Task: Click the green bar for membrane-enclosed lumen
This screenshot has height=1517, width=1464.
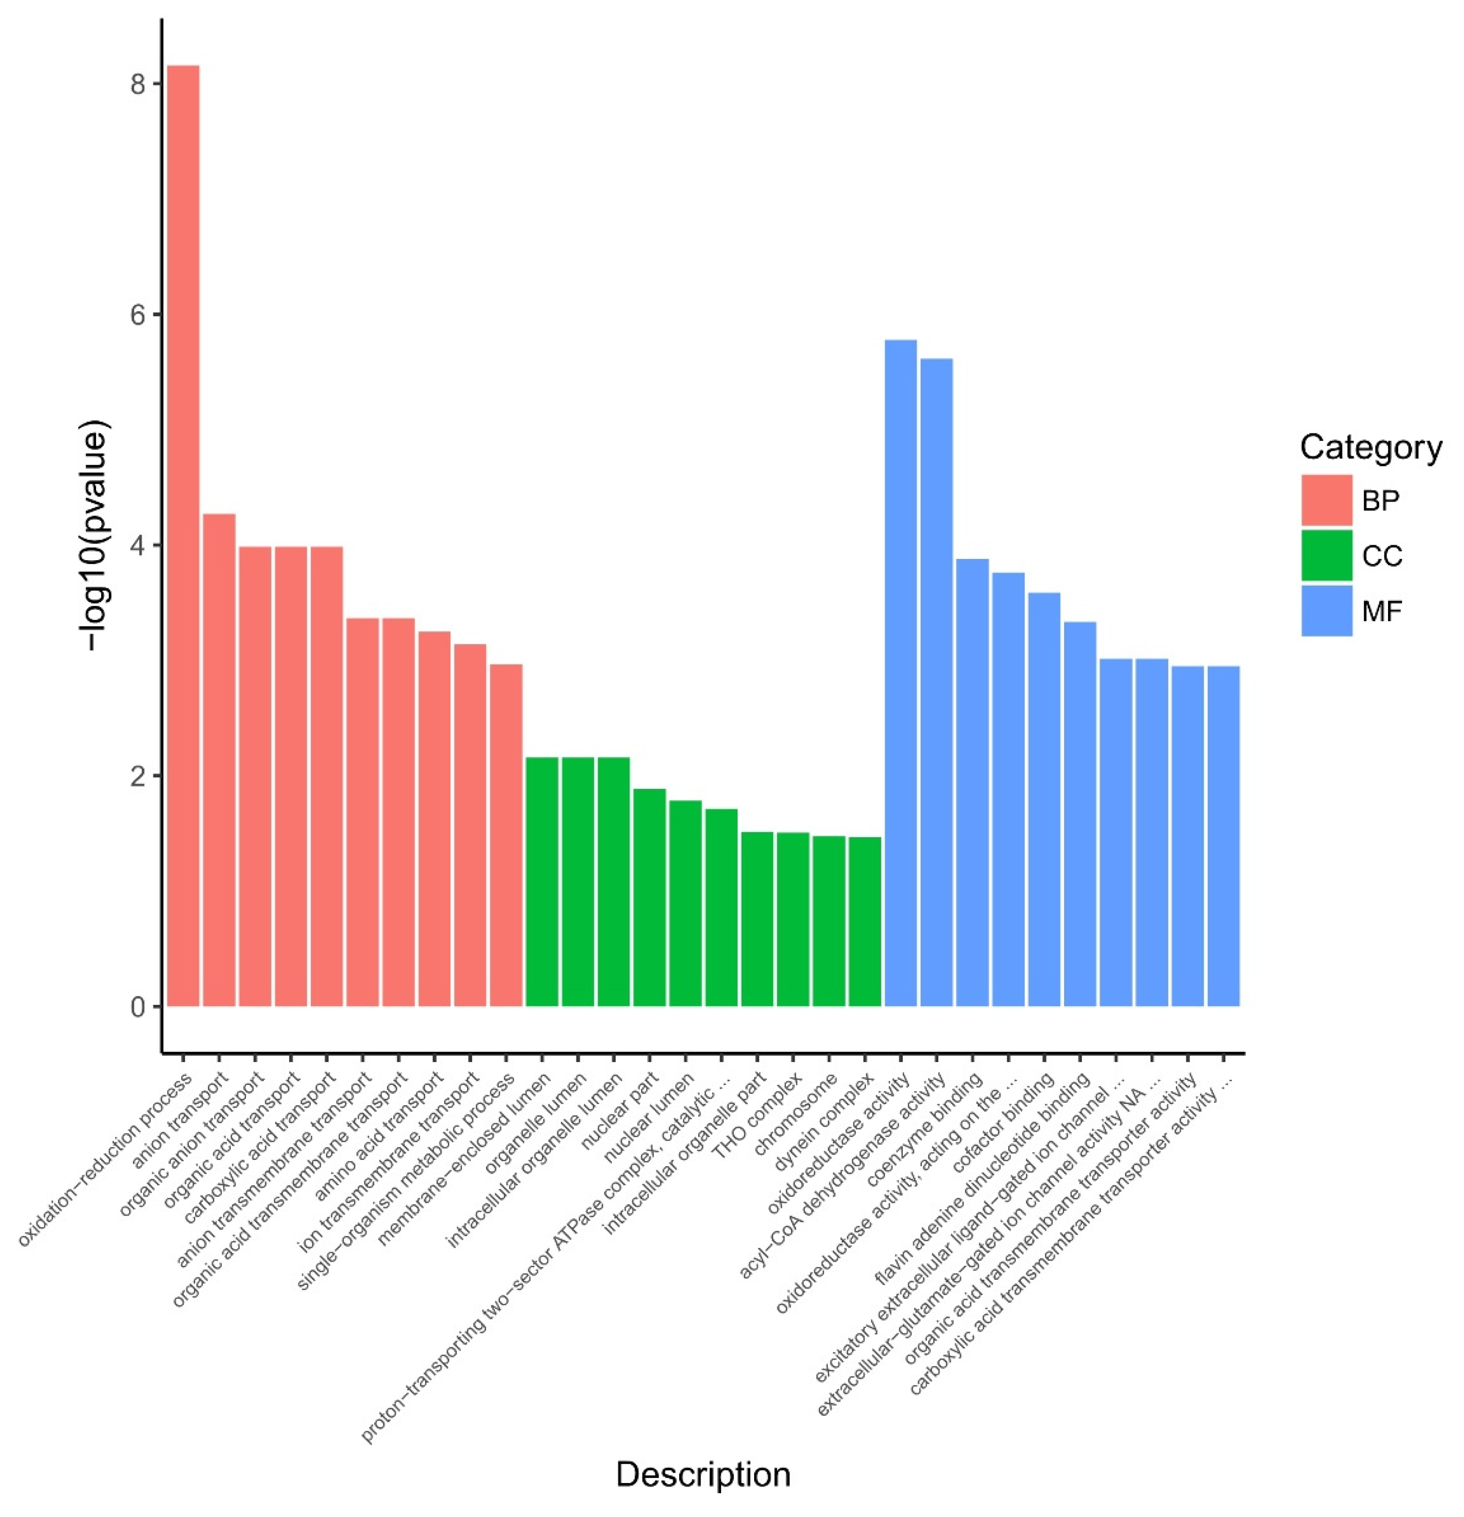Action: point(542,882)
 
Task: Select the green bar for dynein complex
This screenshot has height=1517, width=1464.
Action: point(864,921)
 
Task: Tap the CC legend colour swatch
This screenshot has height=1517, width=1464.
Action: point(1326,555)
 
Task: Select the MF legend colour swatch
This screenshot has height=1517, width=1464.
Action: point(1326,611)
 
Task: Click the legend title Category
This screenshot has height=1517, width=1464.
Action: point(1370,447)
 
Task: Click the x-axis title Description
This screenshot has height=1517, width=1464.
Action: point(703,1475)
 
